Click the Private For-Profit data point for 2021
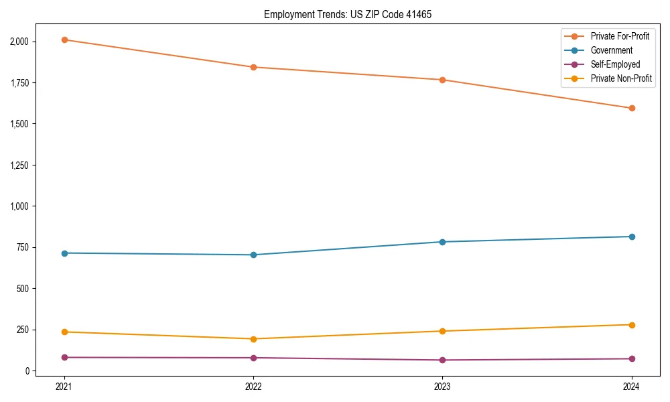[x=64, y=40]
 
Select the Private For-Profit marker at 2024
[x=632, y=108]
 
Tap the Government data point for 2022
[x=253, y=255]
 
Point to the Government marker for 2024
[x=632, y=237]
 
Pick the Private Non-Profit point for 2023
[x=443, y=331]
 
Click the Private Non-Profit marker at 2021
[x=64, y=332]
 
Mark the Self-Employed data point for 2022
[x=253, y=358]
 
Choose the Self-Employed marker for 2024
[x=632, y=358]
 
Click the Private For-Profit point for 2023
[x=443, y=80]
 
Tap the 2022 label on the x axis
[x=253, y=386]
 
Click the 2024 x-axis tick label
[x=632, y=386]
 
